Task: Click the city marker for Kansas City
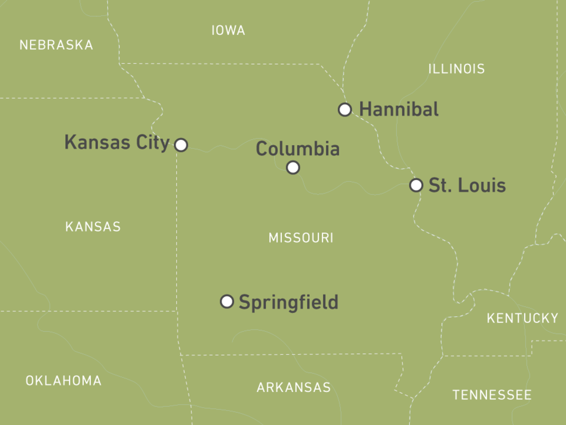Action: click(181, 145)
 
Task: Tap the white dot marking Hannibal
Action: click(345, 109)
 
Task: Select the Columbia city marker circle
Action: click(293, 167)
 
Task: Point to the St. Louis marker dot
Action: click(416, 185)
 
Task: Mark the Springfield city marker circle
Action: click(227, 301)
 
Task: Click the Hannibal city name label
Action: click(399, 109)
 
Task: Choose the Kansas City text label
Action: click(117, 142)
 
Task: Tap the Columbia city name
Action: click(297, 148)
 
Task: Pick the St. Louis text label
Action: click(467, 185)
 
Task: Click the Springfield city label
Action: click(288, 302)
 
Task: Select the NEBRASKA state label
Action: click(56, 45)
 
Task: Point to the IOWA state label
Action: click(228, 31)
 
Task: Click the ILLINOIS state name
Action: click(456, 69)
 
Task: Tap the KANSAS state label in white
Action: click(93, 227)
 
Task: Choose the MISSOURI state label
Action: click(301, 238)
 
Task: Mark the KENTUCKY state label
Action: click(522, 318)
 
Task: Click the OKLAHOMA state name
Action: click(63, 381)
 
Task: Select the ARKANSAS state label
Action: click(293, 387)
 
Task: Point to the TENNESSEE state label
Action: click(492, 395)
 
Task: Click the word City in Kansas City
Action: click(153, 142)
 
